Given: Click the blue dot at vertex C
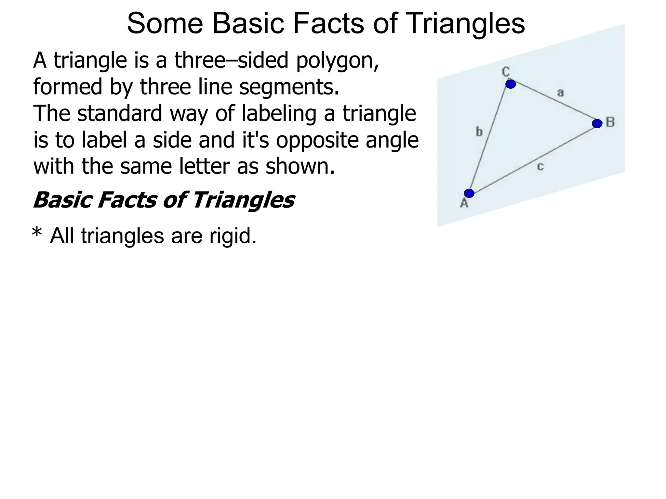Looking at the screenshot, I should pyautogui.click(x=511, y=84).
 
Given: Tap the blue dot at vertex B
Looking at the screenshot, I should pyautogui.click(x=597, y=123).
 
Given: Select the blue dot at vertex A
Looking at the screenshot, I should pyautogui.click(x=469, y=193).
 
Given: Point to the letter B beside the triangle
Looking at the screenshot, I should pyautogui.click(x=610, y=122).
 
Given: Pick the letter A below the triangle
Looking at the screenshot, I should pyautogui.click(x=464, y=203).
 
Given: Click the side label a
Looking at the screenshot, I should pyautogui.click(x=560, y=93).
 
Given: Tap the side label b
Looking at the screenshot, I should pyautogui.click(x=479, y=132).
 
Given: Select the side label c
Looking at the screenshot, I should pyautogui.click(x=540, y=167).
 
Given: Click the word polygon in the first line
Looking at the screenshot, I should pyautogui.click(x=337, y=61).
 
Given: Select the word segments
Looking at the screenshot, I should pyautogui.click(x=289, y=87).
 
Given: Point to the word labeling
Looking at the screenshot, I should pyautogui.click(x=279, y=114).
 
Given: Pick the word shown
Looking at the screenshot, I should pyautogui.click(x=300, y=166).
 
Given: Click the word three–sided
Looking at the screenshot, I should pyautogui.click(x=232, y=60).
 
